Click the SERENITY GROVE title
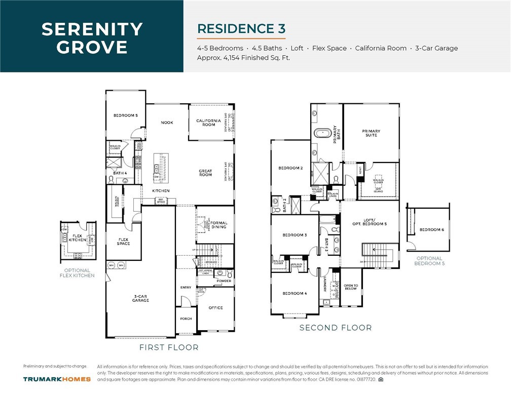tap(92, 38)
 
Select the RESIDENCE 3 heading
tap(241, 28)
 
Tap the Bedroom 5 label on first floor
tap(125, 115)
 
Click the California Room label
tap(209, 122)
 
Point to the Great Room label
tap(205, 173)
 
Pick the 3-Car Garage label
tap(140, 298)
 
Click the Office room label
tap(215, 307)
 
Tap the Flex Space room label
tap(123, 242)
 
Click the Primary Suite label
tap(371, 133)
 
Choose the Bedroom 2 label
tap(290, 168)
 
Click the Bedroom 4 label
tap(295, 293)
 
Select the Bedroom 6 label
tap(431, 229)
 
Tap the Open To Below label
tap(351, 288)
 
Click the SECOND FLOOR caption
tap(335, 328)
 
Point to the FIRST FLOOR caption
tap(169, 347)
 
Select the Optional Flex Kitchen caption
tap(77, 273)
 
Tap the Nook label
tap(167, 122)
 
